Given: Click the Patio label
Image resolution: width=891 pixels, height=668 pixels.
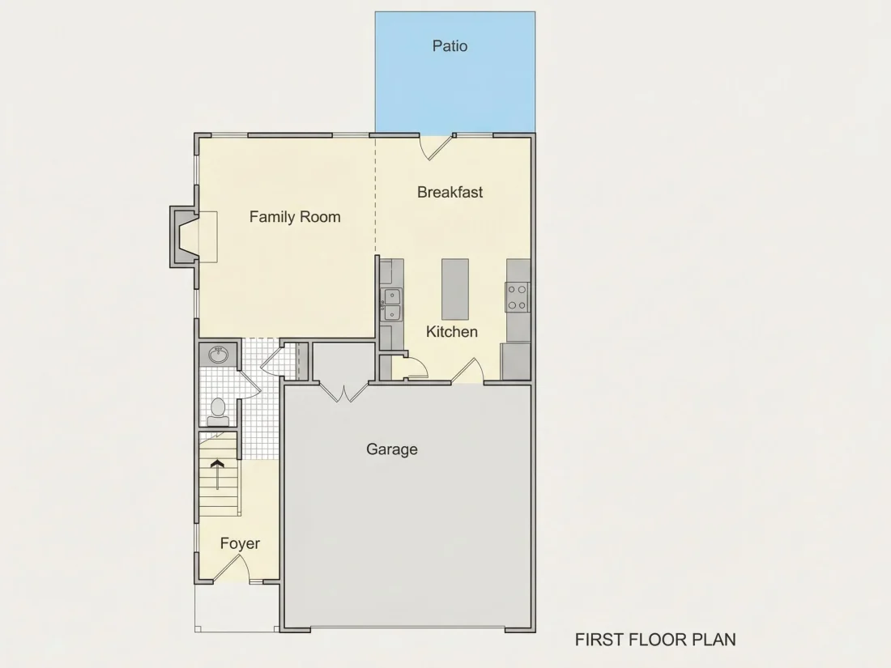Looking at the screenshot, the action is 450,45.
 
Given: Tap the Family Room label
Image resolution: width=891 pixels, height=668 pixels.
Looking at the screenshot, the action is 295,216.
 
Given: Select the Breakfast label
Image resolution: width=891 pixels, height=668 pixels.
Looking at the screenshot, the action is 450,192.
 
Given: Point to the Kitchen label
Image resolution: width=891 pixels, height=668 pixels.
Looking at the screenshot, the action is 452,331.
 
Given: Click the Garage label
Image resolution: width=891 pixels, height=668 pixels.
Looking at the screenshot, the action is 391,449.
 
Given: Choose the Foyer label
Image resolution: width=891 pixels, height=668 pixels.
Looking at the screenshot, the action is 240,543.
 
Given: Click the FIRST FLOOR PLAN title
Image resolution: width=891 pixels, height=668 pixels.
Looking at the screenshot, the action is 655,640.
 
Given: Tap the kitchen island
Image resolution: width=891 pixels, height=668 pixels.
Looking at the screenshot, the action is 455,289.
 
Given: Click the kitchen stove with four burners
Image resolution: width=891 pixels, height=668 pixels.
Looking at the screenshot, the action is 517,297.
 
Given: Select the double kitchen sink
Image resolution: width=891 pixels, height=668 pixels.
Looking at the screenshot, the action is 392,304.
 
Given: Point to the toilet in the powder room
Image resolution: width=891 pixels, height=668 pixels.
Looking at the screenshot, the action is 218,412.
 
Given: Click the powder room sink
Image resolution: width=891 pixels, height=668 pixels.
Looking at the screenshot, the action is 218,355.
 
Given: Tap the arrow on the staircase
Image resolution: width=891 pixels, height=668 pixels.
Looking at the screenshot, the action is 217,474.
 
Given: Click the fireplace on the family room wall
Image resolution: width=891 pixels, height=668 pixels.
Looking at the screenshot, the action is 185,236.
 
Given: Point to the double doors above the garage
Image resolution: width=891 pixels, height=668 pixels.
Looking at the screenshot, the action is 343,393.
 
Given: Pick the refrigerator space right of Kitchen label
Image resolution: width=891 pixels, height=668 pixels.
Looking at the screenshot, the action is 515,361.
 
